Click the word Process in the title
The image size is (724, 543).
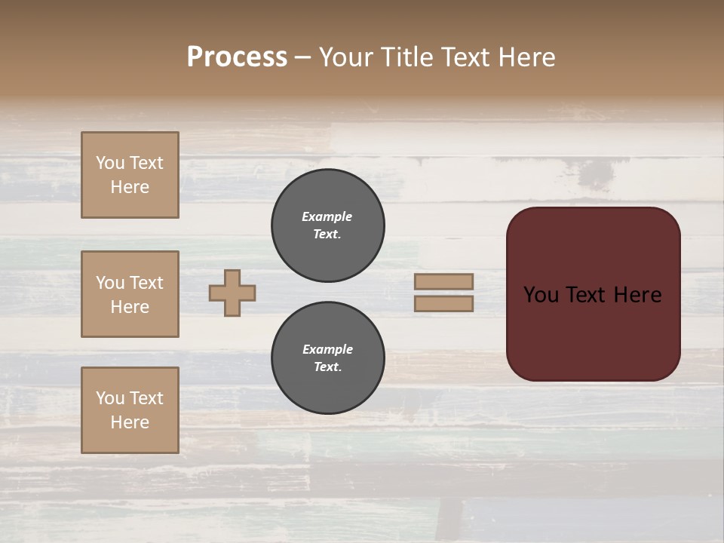pos(237,57)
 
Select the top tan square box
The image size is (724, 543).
pos(130,175)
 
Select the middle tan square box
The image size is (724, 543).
pos(130,294)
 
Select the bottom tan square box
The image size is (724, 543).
pos(130,410)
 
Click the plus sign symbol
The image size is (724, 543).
pos(232,293)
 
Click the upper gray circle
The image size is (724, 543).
pos(327,225)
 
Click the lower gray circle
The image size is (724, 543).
pos(327,358)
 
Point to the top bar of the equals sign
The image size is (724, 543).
pos(443,281)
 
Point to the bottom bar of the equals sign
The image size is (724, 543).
pos(443,304)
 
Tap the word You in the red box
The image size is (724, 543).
pos(541,295)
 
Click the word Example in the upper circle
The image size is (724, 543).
pos(327,216)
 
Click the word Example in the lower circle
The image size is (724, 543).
pos(327,349)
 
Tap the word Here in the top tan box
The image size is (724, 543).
pos(130,187)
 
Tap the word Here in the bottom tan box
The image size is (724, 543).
pos(130,422)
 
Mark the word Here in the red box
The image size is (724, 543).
pos(637,295)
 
